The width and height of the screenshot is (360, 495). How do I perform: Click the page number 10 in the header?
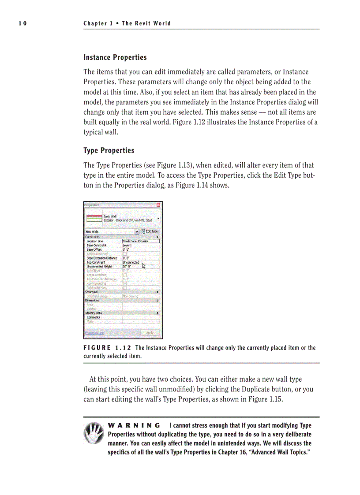(x=22, y=23)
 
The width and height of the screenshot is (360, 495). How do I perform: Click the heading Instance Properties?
(x=115, y=58)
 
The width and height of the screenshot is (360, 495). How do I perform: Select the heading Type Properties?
(x=109, y=151)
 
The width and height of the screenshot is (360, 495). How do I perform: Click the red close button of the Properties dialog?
(x=159, y=205)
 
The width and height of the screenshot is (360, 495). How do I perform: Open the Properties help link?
(x=94, y=333)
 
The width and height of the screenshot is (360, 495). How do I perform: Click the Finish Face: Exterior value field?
(x=140, y=241)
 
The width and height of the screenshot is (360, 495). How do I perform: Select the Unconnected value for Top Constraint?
(x=131, y=262)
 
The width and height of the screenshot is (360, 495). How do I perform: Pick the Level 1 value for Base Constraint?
(x=128, y=246)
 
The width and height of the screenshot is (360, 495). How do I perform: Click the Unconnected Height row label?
(x=99, y=267)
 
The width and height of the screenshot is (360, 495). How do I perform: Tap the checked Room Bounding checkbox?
(x=125, y=283)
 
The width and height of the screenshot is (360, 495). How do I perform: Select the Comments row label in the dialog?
(x=93, y=317)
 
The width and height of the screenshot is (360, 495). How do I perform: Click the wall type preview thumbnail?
(x=94, y=218)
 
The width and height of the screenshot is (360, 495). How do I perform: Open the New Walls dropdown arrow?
(x=137, y=231)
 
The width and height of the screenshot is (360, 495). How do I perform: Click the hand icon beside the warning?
(x=94, y=434)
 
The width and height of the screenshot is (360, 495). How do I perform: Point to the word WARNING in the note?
(x=134, y=425)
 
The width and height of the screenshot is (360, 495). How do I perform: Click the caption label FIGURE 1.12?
(x=107, y=348)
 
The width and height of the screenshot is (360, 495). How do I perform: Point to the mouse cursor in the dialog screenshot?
(x=143, y=265)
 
